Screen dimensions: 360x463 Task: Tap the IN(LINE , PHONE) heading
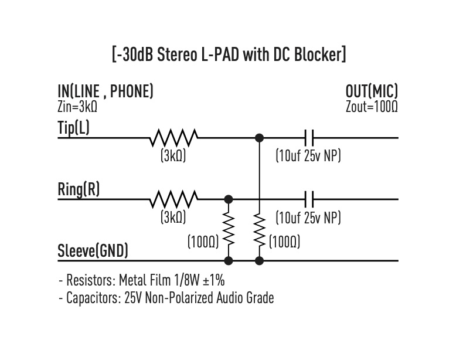click(x=105, y=91)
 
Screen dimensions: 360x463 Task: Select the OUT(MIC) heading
click(x=372, y=91)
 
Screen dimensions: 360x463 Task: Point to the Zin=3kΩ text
click(x=77, y=107)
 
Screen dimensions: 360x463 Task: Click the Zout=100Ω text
click(x=372, y=107)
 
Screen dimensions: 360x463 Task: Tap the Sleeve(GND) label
click(x=93, y=252)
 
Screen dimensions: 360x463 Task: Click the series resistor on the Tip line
click(x=173, y=138)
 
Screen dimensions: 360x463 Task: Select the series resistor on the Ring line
click(x=173, y=199)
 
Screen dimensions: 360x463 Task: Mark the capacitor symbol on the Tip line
click(x=309, y=138)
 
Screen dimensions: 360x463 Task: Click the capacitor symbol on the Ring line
click(x=309, y=199)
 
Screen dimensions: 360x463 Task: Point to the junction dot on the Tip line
click(x=260, y=138)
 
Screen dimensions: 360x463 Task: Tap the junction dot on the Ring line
click(x=229, y=199)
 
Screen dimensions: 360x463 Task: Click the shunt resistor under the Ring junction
click(x=229, y=229)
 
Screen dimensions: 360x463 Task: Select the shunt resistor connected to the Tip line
click(x=260, y=229)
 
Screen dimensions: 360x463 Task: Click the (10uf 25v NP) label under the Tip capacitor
click(x=308, y=157)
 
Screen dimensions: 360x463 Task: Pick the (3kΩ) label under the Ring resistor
click(x=173, y=218)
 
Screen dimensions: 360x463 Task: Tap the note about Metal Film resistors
click(x=141, y=280)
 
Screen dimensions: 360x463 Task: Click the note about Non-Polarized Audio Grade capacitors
click(x=166, y=298)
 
